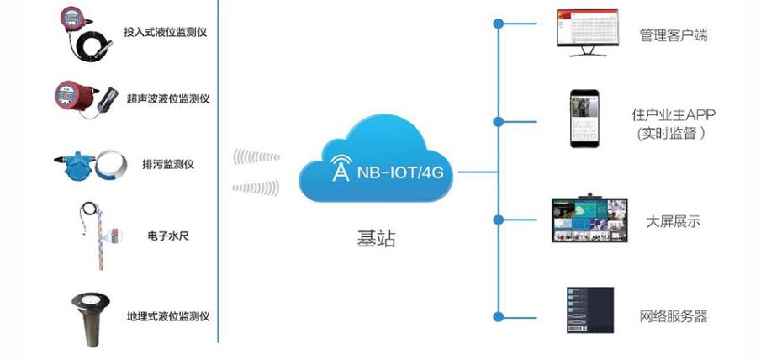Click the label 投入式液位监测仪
(x=165, y=33)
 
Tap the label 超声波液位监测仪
(x=168, y=98)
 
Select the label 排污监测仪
(x=168, y=164)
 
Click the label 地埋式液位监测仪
(x=167, y=316)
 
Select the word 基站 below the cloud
(x=376, y=240)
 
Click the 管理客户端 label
(x=673, y=35)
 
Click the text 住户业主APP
(x=673, y=114)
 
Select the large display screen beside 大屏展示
(x=589, y=220)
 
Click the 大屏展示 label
(x=673, y=222)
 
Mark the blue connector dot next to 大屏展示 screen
(x=499, y=220)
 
